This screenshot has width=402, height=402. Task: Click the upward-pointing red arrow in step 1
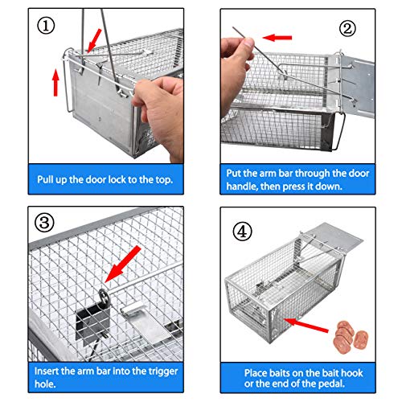click(x=55, y=80)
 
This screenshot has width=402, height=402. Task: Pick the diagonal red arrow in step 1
click(x=96, y=35)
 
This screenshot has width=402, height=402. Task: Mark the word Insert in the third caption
click(x=50, y=371)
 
